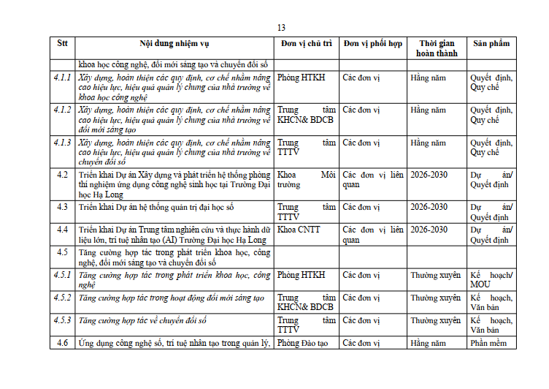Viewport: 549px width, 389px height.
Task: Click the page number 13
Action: (281, 28)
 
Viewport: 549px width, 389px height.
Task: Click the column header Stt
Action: (62, 44)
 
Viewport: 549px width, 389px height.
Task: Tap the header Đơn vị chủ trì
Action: (307, 44)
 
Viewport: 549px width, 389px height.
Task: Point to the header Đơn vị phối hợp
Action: (372, 44)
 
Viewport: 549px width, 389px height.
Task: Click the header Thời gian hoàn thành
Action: (437, 48)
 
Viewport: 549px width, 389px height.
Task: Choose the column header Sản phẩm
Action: (491, 44)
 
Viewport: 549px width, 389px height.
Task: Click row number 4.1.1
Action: (62, 78)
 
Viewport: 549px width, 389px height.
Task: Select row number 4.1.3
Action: (62, 143)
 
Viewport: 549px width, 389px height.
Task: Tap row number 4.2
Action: (62, 175)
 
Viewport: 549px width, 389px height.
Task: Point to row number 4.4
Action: (62, 230)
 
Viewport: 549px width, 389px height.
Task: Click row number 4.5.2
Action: (62, 298)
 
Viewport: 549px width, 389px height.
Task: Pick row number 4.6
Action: (62, 343)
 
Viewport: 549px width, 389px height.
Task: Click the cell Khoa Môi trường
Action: (307, 180)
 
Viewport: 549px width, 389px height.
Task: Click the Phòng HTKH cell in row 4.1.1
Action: (302, 78)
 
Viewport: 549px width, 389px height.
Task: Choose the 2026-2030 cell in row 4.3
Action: (429, 207)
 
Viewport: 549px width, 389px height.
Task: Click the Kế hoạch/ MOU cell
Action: (491, 280)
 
